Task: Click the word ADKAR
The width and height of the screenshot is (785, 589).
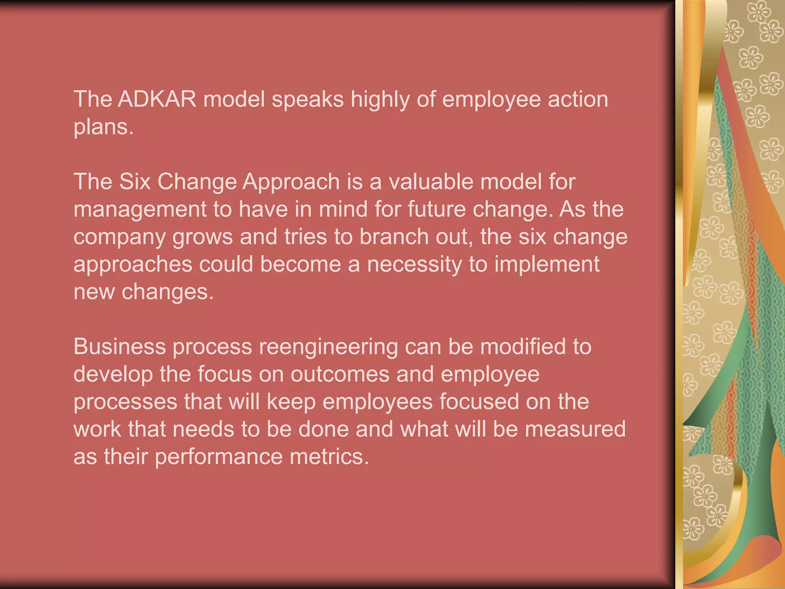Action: click(157, 99)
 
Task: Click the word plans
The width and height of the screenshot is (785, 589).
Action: click(103, 128)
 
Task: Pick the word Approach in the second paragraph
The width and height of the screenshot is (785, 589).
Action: click(291, 182)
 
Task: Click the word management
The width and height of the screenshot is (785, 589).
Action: click(140, 210)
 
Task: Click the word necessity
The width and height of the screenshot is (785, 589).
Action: click(414, 265)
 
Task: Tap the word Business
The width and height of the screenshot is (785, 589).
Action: click(119, 347)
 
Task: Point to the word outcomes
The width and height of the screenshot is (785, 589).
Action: click(340, 374)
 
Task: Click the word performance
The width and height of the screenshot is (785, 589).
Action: click(218, 457)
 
